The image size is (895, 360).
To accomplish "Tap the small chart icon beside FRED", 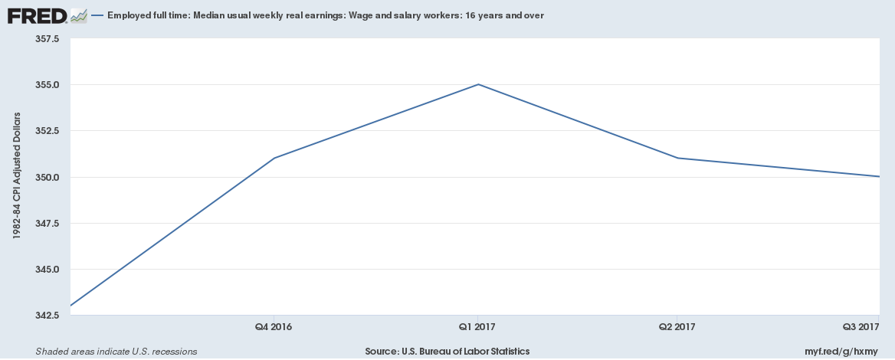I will [78, 15].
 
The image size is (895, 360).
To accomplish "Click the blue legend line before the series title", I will [97, 15].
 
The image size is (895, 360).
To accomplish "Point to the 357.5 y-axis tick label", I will [48, 38].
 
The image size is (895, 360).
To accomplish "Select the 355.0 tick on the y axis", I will [48, 85].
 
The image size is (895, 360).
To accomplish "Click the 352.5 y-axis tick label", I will [48, 131].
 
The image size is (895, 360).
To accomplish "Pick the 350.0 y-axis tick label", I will [48, 177].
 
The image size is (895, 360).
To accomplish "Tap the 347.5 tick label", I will [48, 224].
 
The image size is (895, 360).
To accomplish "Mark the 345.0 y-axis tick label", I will [48, 270].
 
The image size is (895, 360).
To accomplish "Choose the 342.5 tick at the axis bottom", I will [48, 316].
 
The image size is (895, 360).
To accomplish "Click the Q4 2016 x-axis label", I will [274, 327].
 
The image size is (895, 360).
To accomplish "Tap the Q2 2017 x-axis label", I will [677, 327].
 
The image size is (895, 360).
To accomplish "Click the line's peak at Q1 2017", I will [478, 84].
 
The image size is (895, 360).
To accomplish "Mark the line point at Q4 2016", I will [274, 159].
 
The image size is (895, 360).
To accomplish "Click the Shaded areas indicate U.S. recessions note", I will [116, 351].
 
